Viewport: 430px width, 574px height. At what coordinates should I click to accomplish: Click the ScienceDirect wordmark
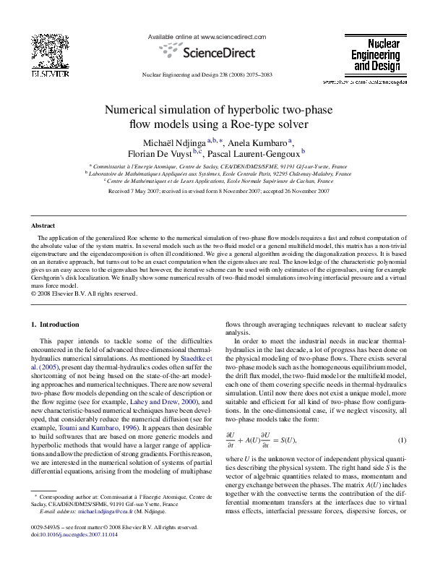coord(216,52)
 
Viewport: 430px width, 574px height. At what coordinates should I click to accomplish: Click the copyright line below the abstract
coord(85,294)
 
